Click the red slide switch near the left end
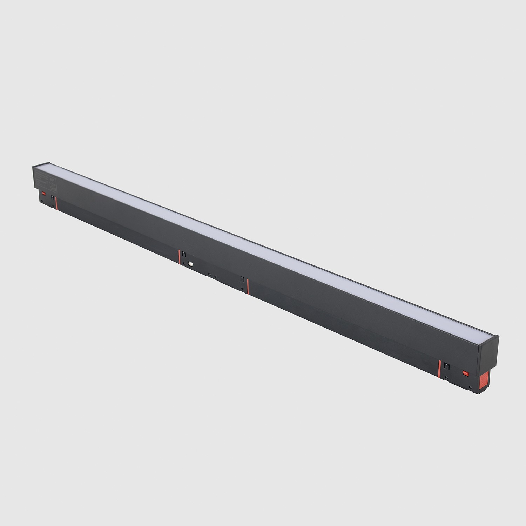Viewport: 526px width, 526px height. coord(44,193)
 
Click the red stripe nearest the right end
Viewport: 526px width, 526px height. coord(439,368)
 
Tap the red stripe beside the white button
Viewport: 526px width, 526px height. coord(180,258)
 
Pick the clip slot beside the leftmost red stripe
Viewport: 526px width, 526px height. coord(52,198)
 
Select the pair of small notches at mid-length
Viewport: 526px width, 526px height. coord(212,276)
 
